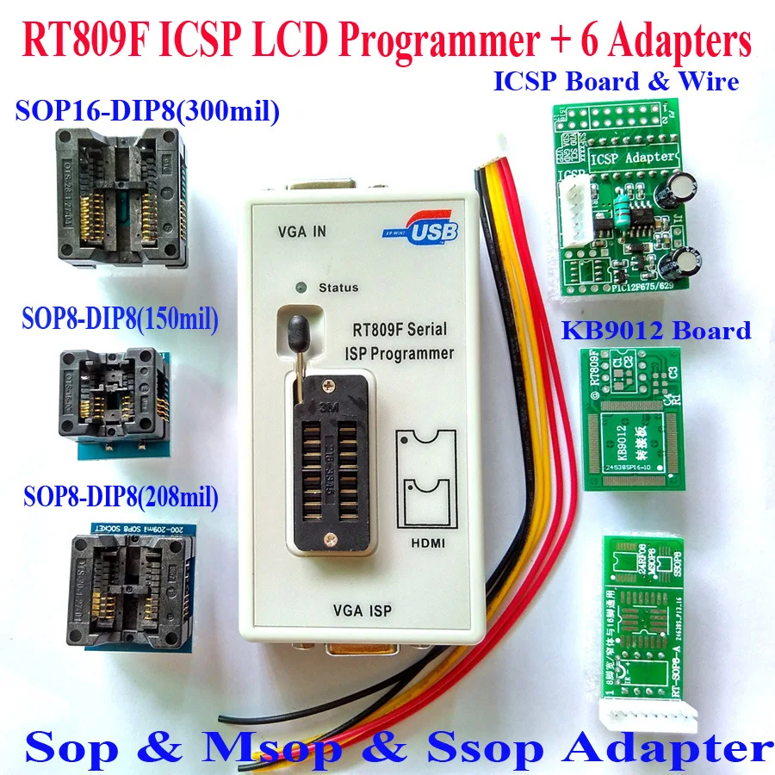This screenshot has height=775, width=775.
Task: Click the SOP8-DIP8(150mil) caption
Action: tap(121, 320)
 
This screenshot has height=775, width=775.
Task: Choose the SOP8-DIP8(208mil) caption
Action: tap(121, 497)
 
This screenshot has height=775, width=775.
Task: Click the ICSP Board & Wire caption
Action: tap(617, 82)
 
